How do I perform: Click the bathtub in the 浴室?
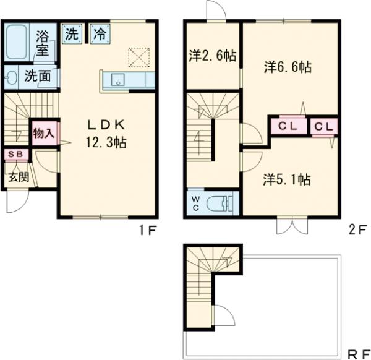click(16, 42)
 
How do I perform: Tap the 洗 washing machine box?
click(72, 33)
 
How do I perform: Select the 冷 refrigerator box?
click(100, 33)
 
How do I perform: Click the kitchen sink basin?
click(118, 79)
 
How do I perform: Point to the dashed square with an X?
click(139, 58)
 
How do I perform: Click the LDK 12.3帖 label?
click(106, 134)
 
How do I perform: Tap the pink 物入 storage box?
click(45, 133)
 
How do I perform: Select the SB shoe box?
click(16, 155)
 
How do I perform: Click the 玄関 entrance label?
click(19, 177)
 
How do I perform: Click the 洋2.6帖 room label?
click(213, 56)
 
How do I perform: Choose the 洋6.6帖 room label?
click(288, 67)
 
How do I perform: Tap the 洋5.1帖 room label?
click(287, 179)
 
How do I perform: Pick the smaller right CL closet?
click(323, 127)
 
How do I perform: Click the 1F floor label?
click(148, 230)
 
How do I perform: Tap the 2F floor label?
click(358, 230)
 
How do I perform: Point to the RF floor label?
click(358, 355)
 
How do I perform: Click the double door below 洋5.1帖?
click(292, 225)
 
